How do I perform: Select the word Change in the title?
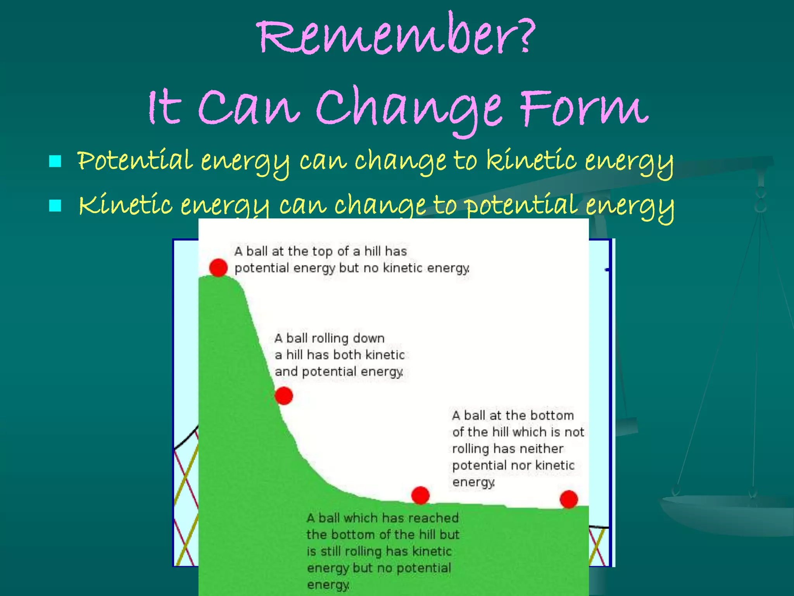(x=409, y=109)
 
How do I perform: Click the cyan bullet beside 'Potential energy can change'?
(x=55, y=161)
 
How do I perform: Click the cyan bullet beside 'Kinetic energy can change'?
(x=55, y=205)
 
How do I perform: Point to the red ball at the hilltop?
(x=218, y=267)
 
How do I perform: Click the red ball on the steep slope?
(x=284, y=396)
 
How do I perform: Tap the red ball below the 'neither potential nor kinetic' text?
(x=420, y=495)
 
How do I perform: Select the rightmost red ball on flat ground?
(x=569, y=499)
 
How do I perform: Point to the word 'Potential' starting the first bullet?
(x=135, y=160)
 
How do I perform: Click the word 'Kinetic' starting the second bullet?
(x=125, y=204)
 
